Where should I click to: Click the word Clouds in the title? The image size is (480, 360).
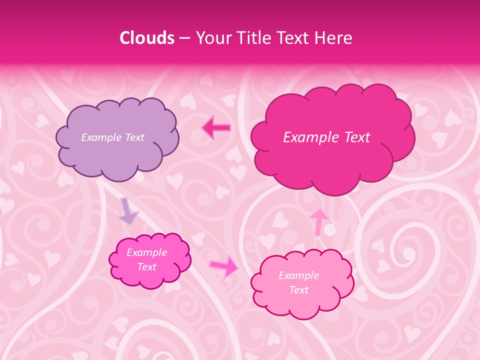coord(147,38)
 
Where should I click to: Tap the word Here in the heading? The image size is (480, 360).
coord(334,38)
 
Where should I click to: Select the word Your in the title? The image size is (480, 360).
coord(211,38)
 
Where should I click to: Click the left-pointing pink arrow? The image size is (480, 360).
coord(216,128)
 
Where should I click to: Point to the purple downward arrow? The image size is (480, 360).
coord(128,212)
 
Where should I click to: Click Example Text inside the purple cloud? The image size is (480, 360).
coord(112,137)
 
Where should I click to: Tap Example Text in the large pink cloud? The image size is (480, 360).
coord(326,137)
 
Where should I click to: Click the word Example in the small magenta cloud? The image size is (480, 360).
coord(146,252)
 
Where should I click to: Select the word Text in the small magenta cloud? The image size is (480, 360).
coord(146,267)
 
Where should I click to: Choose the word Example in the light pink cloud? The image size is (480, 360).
coord(298,275)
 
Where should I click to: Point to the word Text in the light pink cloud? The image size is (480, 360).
coord(298,290)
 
